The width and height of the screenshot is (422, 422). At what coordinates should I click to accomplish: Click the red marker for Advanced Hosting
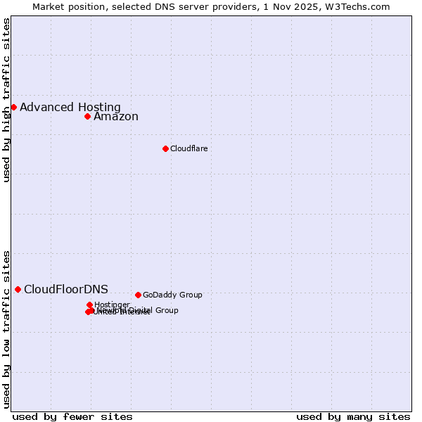pos(13,107)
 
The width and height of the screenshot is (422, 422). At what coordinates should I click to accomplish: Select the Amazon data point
pos(87,116)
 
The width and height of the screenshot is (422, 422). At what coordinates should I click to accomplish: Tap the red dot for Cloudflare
pos(165,148)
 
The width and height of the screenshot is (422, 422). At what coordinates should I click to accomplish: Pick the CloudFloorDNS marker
pos(18,289)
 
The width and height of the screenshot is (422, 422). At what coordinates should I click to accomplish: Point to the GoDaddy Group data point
pos(138,295)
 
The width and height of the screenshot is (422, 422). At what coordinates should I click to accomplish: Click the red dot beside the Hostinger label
pos(89,305)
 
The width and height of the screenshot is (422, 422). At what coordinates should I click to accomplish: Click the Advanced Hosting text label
pos(70,107)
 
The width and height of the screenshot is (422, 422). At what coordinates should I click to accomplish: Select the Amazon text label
pos(116,117)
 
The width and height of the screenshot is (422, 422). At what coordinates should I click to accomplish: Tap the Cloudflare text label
pos(188,148)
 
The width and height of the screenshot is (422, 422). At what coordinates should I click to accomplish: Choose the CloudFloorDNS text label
pos(66,289)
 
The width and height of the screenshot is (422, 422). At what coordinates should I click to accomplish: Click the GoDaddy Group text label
pos(172,295)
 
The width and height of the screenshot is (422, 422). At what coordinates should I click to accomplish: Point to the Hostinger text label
pos(112,305)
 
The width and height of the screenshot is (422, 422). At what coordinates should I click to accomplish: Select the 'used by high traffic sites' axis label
pos(6,99)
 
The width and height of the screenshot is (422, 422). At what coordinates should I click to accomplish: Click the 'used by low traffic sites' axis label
pos(6,329)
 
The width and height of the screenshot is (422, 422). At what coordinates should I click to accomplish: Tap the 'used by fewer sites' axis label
pos(72,417)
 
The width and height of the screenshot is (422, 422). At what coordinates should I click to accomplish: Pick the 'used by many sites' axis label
pos(353,417)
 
